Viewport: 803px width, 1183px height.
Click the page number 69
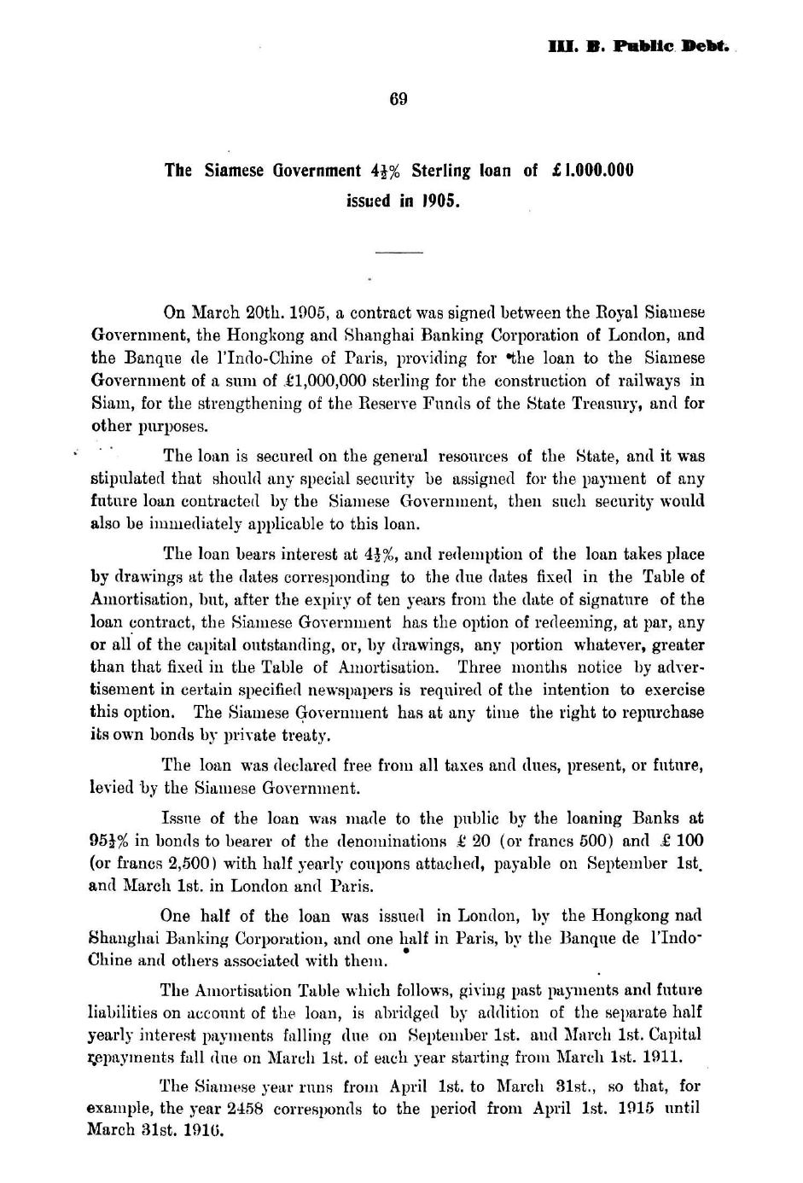pyautogui.click(x=399, y=99)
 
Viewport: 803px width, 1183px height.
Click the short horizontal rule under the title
pyautogui.click(x=399, y=252)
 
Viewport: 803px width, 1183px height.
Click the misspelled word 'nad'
pyautogui.click(x=688, y=916)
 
